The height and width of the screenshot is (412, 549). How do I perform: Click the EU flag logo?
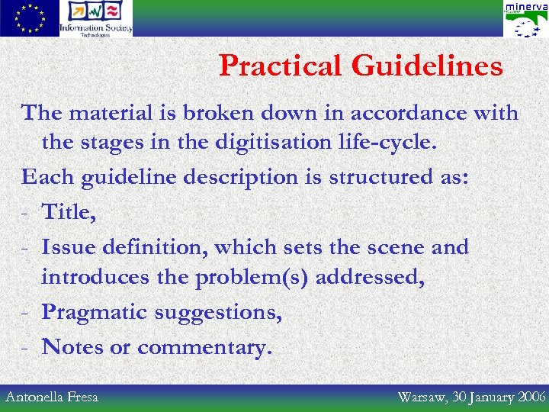[29, 18]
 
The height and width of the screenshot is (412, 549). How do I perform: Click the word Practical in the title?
[281, 66]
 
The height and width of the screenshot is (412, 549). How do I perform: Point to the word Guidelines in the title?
[427, 66]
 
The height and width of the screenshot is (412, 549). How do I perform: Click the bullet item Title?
[69, 211]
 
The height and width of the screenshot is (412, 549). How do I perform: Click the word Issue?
[69, 246]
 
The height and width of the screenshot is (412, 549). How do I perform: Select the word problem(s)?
[252, 276]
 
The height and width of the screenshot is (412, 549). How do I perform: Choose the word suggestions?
[222, 312]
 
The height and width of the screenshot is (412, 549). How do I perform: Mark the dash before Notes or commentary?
[26, 347]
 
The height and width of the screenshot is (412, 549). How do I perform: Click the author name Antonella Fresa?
[51, 397]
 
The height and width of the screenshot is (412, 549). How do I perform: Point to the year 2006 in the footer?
[531, 397]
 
